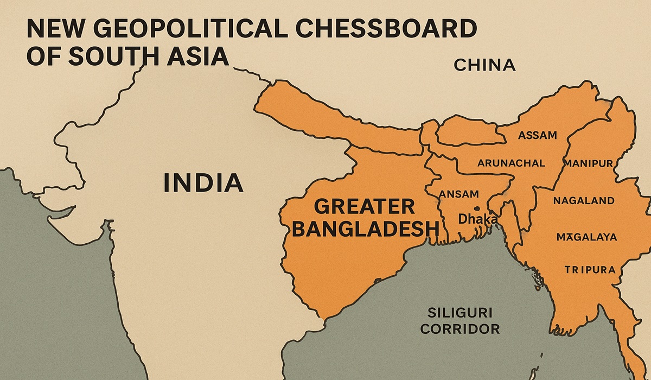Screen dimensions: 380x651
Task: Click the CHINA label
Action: point(484,66)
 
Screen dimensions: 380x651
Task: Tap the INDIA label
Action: point(202,182)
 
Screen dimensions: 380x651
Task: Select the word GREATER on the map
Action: point(365,207)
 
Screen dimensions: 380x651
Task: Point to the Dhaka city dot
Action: point(476,208)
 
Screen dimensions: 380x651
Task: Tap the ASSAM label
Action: point(537,135)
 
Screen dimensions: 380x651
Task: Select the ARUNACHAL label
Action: point(510,163)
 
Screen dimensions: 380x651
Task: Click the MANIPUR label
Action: point(588,163)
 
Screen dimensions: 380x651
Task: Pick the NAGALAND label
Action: point(584,200)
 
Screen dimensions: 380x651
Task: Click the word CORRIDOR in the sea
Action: point(460,328)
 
